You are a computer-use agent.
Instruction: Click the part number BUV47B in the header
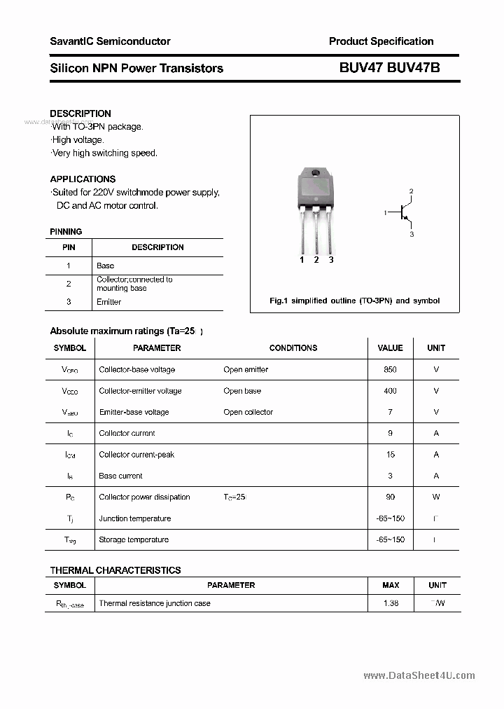coord(414,68)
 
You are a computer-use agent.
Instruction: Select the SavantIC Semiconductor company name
coord(110,41)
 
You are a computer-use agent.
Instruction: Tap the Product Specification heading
coord(381,41)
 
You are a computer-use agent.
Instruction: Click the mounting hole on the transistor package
coord(315,174)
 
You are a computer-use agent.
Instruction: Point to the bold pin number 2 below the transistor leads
coord(316,260)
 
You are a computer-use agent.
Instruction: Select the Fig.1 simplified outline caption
coord(354,301)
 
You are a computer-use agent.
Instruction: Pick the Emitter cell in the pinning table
coord(108,302)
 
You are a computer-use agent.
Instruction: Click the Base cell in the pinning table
coord(105,266)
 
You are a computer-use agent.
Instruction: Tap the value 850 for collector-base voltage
coord(390,369)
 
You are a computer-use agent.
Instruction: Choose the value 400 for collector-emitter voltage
coord(390,391)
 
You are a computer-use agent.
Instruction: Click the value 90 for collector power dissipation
coord(390,497)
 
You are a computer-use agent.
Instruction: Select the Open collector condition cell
coord(248,412)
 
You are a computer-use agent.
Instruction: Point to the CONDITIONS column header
coord(293,347)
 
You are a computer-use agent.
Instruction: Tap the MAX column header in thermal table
coord(391,585)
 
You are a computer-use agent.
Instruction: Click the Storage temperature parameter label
coord(134,539)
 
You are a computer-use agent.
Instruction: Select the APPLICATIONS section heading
coord(83,179)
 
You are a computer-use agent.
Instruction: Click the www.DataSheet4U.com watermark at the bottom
coord(419,675)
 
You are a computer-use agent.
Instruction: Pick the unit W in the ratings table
coord(436,497)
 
